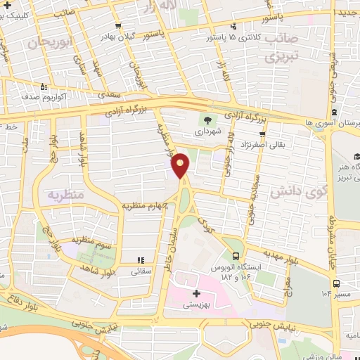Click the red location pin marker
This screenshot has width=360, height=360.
click(x=181, y=165)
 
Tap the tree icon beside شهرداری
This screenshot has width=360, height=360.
click(x=207, y=119)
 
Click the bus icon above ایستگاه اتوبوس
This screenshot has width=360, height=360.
click(x=236, y=256)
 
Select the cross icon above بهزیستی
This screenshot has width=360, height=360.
click(x=195, y=292)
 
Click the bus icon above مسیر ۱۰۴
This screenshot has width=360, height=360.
click(x=337, y=283)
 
